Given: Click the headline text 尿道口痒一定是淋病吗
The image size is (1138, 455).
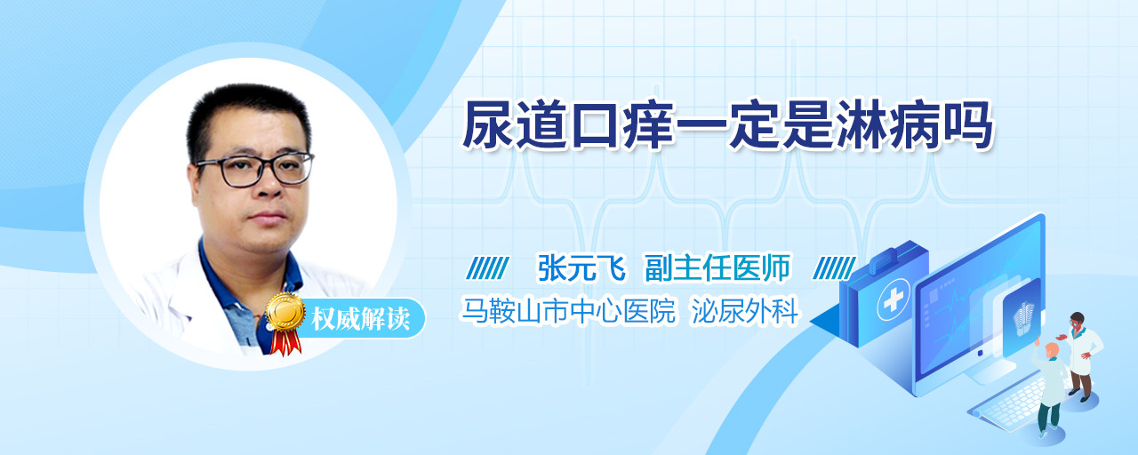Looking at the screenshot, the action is click(727, 125).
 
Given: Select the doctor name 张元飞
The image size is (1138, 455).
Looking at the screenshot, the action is click(581, 267).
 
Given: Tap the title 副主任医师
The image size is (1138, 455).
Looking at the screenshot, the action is click(717, 267).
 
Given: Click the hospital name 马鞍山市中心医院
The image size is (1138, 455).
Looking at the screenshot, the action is click(568, 310).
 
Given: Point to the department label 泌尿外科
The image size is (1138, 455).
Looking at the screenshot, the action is click(745, 310).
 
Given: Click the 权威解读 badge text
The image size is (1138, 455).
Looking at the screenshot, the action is click(361, 319).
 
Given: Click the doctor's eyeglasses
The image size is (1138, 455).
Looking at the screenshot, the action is click(255, 170).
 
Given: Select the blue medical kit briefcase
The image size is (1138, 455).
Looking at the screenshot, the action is click(883, 294).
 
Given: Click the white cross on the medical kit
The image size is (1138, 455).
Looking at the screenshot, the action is click(894, 300).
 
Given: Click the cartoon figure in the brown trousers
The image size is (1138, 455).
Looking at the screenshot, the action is click(1080, 356).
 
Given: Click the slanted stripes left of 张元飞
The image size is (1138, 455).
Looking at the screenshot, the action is click(487, 268).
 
